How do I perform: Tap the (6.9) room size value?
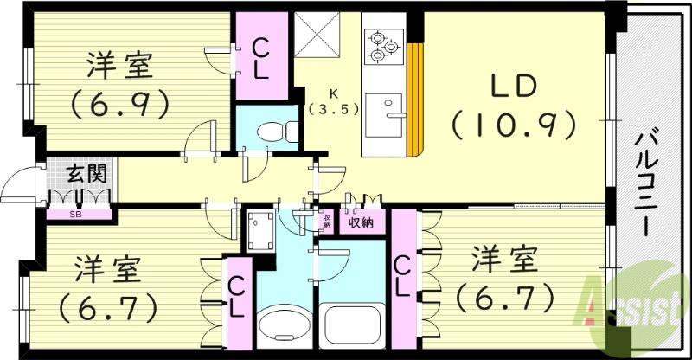[x=119, y=104]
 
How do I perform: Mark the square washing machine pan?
[x=259, y=229]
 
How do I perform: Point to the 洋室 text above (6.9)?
[x=119, y=67]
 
